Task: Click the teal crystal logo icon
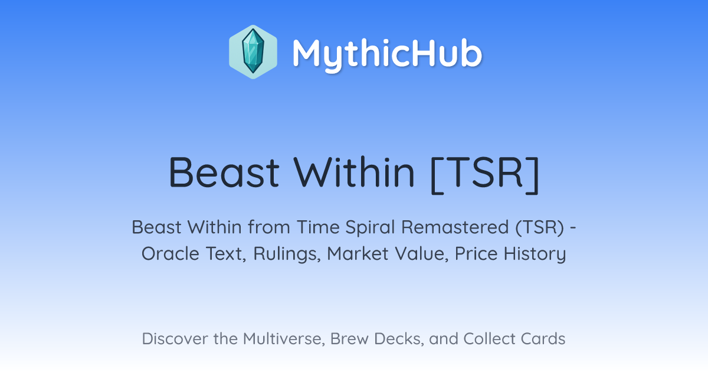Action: tap(253, 52)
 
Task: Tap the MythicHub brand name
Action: tap(387, 54)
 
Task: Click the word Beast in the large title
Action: tap(224, 172)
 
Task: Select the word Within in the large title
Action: tap(354, 172)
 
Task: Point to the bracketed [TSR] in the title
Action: tap(485, 174)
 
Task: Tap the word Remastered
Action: tap(455, 227)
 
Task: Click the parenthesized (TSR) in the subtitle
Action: tap(539, 227)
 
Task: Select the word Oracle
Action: tap(170, 254)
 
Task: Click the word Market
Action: tap(358, 254)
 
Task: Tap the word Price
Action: tap(476, 254)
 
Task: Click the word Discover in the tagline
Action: tap(175, 339)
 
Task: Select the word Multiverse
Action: tap(284, 339)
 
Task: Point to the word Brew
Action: tap(349, 339)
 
